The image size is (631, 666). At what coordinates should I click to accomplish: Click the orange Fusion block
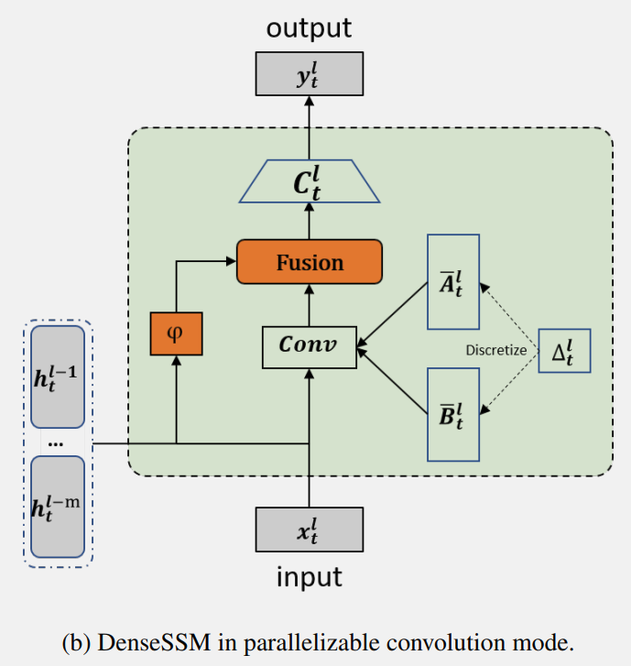(310, 262)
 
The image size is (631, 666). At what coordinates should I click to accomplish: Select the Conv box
(310, 347)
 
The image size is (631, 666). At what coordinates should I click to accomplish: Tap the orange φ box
(176, 333)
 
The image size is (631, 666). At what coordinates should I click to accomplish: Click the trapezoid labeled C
(310, 181)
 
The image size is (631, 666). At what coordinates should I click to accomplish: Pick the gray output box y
(310, 74)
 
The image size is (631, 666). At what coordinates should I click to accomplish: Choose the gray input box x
(310, 530)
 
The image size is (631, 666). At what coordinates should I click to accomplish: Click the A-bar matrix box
(453, 281)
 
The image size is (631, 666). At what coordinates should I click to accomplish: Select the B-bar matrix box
(453, 415)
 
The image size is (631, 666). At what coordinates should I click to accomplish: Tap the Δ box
(564, 351)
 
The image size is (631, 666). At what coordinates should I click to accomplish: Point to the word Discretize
(496, 351)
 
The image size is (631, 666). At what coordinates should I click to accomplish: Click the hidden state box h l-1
(58, 377)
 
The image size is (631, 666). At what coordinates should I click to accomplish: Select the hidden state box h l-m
(58, 507)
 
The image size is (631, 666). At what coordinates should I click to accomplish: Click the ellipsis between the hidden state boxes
(56, 444)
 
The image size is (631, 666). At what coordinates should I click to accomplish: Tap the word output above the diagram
(309, 28)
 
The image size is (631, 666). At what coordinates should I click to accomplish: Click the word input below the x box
(310, 577)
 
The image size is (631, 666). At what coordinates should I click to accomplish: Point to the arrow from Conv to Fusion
(310, 305)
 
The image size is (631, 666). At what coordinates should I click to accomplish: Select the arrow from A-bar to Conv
(392, 315)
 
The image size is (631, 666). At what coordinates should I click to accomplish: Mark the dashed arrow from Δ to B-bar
(509, 382)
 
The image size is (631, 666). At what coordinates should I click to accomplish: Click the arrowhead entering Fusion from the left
(231, 261)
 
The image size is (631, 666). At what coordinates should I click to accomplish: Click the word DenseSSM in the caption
(154, 642)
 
